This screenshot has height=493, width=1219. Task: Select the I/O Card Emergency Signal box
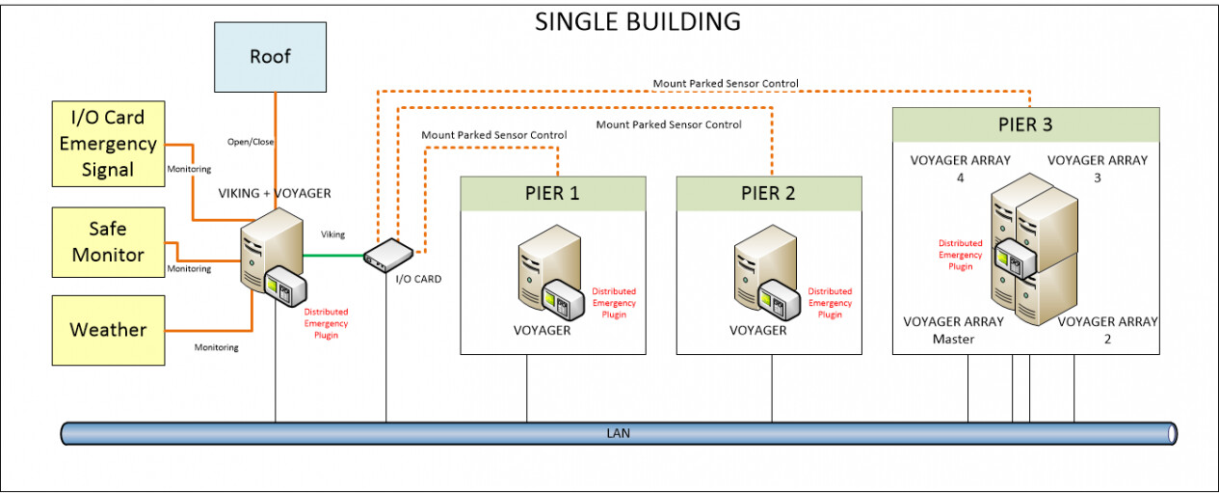108,144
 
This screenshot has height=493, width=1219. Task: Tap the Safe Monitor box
108,242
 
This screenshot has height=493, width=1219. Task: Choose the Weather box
108,330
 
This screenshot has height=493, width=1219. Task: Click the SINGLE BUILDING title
638,21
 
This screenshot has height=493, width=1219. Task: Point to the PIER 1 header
552,193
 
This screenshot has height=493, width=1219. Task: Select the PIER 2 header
768,193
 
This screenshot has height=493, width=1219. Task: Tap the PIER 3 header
1024,125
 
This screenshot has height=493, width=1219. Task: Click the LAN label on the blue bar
619,433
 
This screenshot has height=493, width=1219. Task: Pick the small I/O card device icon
388,252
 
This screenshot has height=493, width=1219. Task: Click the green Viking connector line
333,256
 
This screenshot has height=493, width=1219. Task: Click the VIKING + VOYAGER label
276,193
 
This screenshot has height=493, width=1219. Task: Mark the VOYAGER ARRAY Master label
953,330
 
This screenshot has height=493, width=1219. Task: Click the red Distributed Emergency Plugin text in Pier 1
614,303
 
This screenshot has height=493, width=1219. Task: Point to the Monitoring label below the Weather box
216,347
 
